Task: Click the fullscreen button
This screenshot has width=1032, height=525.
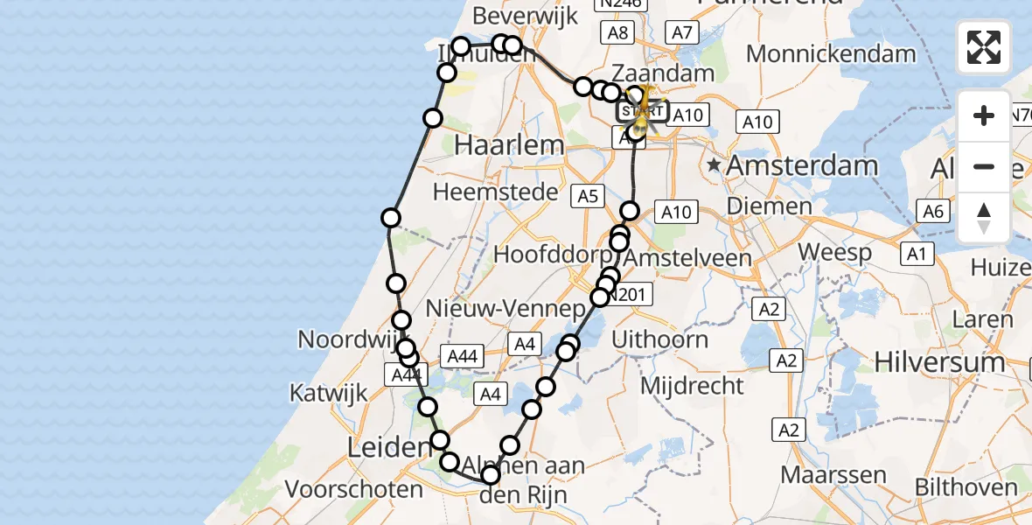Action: (984, 47)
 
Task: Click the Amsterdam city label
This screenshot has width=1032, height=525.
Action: (802, 164)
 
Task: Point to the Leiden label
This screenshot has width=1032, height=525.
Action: (386, 448)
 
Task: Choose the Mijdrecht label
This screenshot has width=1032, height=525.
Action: (692, 385)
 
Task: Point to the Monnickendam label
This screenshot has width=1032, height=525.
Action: (831, 52)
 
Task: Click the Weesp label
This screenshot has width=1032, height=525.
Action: (835, 253)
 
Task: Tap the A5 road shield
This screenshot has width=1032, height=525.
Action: (587, 197)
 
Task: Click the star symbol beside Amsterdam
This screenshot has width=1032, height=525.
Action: (715, 164)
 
